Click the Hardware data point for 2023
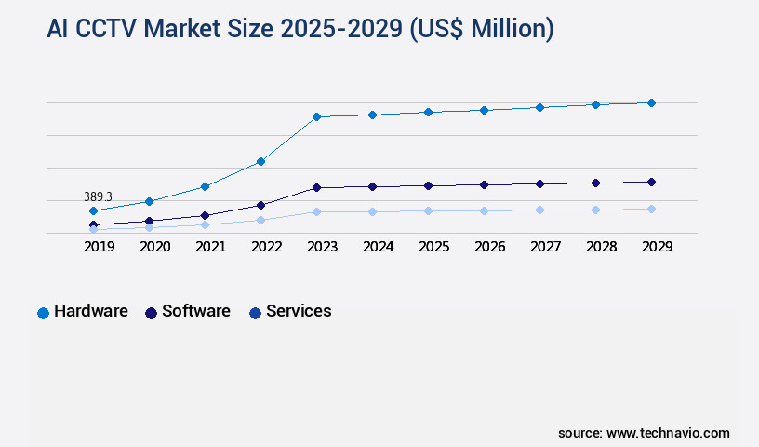tap(316, 116)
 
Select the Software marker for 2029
tap(651, 182)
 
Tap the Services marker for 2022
tap(260, 220)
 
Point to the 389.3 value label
tap(98, 196)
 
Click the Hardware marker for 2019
tap(93, 210)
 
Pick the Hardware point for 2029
tap(651, 102)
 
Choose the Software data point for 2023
tap(316, 187)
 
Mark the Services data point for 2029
tap(651, 209)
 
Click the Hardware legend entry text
tap(91, 311)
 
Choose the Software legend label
tap(196, 311)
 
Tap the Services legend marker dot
tap(255, 313)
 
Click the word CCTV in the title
tap(114, 30)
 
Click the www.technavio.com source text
tap(668, 433)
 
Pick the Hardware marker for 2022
tap(260, 161)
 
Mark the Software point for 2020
tap(149, 221)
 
